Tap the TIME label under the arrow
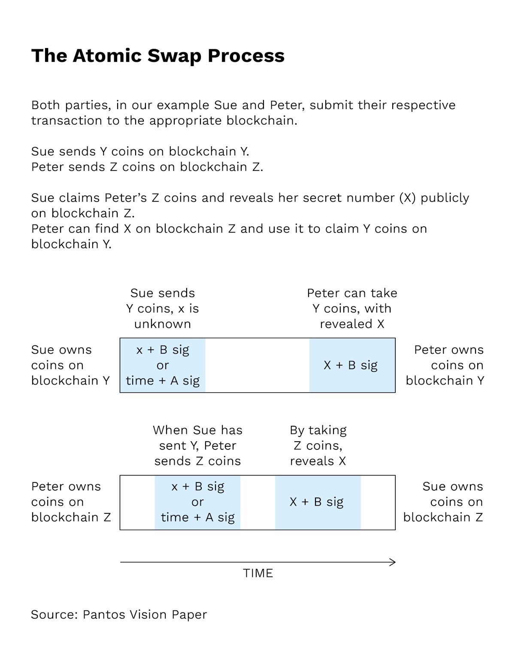point(258,573)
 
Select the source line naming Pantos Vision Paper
point(119,615)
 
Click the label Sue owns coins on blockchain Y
point(70,365)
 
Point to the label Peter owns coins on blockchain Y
point(445,365)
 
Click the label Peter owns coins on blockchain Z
point(71,502)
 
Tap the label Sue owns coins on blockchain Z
point(443,502)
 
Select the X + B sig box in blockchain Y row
point(351,365)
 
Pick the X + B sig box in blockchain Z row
point(318,502)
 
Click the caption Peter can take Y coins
point(352,309)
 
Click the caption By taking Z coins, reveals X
point(318,446)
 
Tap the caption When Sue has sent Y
point(197,446)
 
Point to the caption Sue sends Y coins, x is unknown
point(163,309)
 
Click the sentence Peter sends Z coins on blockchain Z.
point(147,167)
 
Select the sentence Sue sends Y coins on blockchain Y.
point(140,152)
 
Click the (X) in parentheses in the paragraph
point(407,198)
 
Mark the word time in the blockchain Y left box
point(140,381)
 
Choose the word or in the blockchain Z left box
point(197,502)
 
